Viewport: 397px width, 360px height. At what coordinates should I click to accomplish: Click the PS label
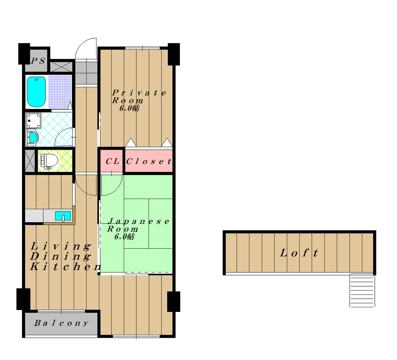[x=38, y=61]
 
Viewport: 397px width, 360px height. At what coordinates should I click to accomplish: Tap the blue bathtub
[x=36, y=92]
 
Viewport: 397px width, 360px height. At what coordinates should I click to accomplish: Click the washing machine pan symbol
[x=33, y=121]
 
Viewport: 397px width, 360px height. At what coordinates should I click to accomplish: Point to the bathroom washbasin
[x=33, y=138]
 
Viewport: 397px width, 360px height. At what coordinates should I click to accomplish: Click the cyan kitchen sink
[x=63, y=216]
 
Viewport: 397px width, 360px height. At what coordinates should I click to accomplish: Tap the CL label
[x=112, y=161]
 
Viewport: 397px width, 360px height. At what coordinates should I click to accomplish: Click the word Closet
[x=149, y=161]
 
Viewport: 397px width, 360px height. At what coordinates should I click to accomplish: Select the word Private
[x=139, y=93]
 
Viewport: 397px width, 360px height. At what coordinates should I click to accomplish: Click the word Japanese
[x=138, y=222]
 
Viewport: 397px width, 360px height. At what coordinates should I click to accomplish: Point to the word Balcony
[x=62, y=323]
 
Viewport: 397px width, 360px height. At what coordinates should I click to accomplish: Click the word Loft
[x=299, y=253]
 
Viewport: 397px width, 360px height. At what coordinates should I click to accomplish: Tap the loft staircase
[x=362, y=290]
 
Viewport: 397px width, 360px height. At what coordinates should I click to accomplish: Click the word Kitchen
[x=65, y=267]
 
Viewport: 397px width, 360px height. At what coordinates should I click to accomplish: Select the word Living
[x=61, y=246]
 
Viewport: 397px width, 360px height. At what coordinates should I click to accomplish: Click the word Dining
[x=61, y=256]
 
